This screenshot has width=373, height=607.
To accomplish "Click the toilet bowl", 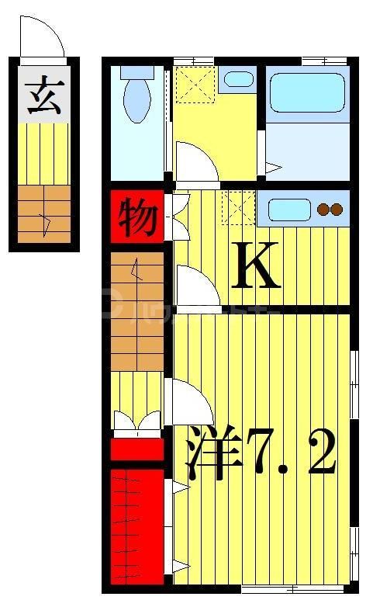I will tap(138, 102).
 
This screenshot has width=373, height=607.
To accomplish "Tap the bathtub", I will tap(306, 93).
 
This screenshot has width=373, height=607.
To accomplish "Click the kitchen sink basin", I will tap(288, 209).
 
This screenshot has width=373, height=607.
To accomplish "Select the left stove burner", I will tap(323, 209).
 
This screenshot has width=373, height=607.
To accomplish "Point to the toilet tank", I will tap(138, 73).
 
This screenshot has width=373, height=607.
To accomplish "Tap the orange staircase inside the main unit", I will tap(137, 310).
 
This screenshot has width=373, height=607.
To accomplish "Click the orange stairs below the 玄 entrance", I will tap(44, 214).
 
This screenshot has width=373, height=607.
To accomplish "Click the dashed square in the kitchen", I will tap(237, 208).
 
